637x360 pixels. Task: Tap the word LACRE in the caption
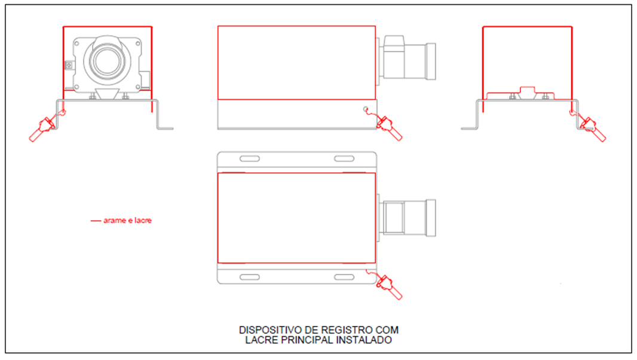click(x=258, y=340)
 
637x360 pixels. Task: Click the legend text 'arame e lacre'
click(x=127, y=221)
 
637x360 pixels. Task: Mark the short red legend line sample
click(x=96, y=221)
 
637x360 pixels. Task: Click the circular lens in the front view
click(x=107, y=61)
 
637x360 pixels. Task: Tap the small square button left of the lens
click(x=69, y=65)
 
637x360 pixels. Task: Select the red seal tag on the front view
click(x=42, y=128)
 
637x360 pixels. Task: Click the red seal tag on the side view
click(x=389, y=127)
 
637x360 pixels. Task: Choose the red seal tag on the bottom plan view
click(x=389, y=286)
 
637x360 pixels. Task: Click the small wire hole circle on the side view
click(x=366, y=109)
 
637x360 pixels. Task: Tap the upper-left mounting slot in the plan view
click(x=249, y=158)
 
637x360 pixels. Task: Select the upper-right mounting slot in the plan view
click(x=344, y=158)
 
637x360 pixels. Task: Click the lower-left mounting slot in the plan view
click(x=249, y=277)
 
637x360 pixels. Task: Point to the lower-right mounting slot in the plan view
click(x=344, y=277)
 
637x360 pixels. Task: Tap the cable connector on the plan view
click(x=406, y=218)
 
